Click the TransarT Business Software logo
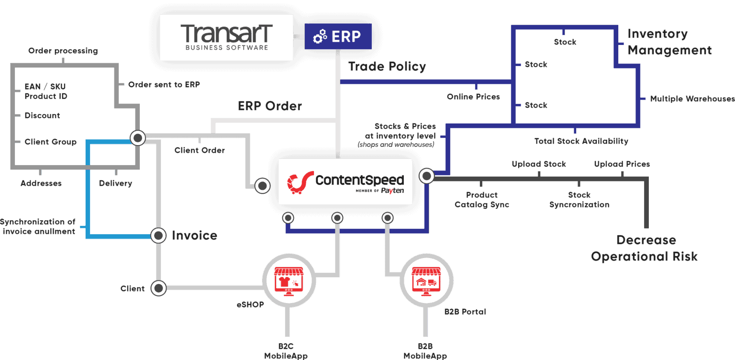tap(226, 37)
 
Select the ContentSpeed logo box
tap(345, 181)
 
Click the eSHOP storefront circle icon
tap(288, 280)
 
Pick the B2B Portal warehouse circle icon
tap(426, 280)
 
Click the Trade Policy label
tap(387, 67)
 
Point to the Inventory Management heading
tap(669, 42)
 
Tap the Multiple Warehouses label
tap(692, 99)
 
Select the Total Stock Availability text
tap(581, 141)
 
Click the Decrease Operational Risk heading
tap(645, 248)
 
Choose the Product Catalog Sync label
tap(481, 200)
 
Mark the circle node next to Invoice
tap(158, 235)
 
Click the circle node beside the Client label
tap(158, 288)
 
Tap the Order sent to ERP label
tap(164, 84)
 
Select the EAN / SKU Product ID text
tap(46, 91)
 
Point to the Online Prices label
tap(473, 97)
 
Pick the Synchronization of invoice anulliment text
tap(38, 226)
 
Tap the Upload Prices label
tap(622, 164)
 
